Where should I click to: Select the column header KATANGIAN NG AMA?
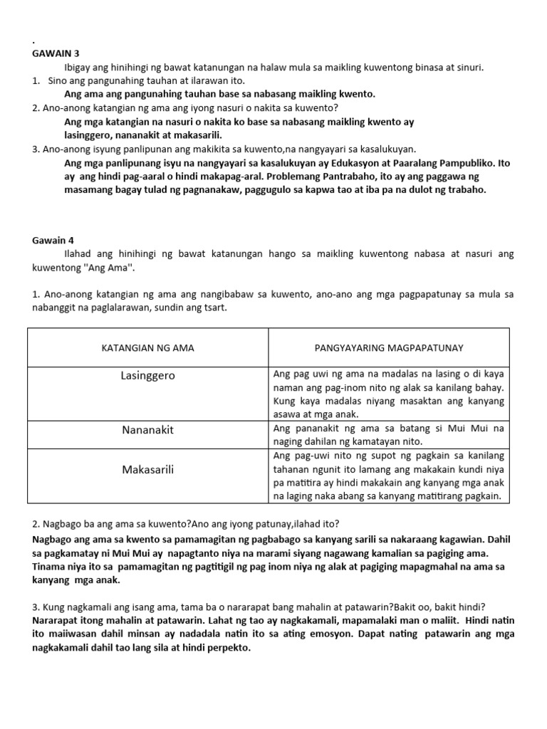click(147, 347)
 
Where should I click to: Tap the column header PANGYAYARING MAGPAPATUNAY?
click(389, 347)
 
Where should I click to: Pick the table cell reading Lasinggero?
click(147, 374)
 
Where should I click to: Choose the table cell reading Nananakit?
click(147, 431)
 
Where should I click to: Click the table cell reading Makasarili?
click(147, 469)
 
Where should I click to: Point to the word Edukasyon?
click(342, 163)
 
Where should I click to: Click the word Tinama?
click(48, 567)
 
